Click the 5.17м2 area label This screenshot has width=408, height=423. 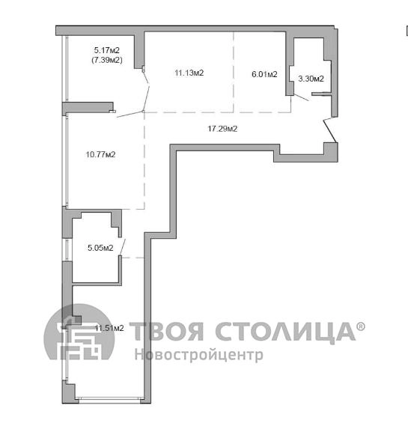pyautogui.click(x=106, y=50)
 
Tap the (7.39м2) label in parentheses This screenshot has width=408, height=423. pyautogui.click(x=107, y=60)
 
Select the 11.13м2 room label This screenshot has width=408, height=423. pyautogui.click(x=189, y=73)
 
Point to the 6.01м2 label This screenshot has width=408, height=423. pyautogui.click(x=264, y=74)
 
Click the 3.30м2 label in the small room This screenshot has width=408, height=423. pyautogui.click(x=311, y=79)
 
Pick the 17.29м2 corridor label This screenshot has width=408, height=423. pyautogui.click(x=222, y=129)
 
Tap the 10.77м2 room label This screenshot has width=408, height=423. pyautogui.click(x=100, y=154)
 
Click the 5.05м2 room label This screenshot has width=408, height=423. pyautogui.click(x=100, y=248)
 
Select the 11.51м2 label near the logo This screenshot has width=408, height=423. pyautogui.click(x=109, y=328)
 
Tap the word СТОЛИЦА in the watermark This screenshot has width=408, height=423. pyautogui.click(x=285, y=332)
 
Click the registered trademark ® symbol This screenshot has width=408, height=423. pyautogui.click(x=361, y=326)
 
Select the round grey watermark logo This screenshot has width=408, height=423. pyautogui.click(x=79, y=332)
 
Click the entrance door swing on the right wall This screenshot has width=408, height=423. pyautogui.click(x=330, y=130)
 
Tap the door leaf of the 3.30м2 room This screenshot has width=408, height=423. pyautogui.click(x=301, y=97)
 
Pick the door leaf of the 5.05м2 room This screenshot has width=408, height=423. pyautogui.click(x=123, y=246)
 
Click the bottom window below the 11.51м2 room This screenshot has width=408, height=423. pyautogui.click(x=109, y=399)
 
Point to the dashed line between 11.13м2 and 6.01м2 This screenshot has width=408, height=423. pyautogui.click(x=234, y=72)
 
